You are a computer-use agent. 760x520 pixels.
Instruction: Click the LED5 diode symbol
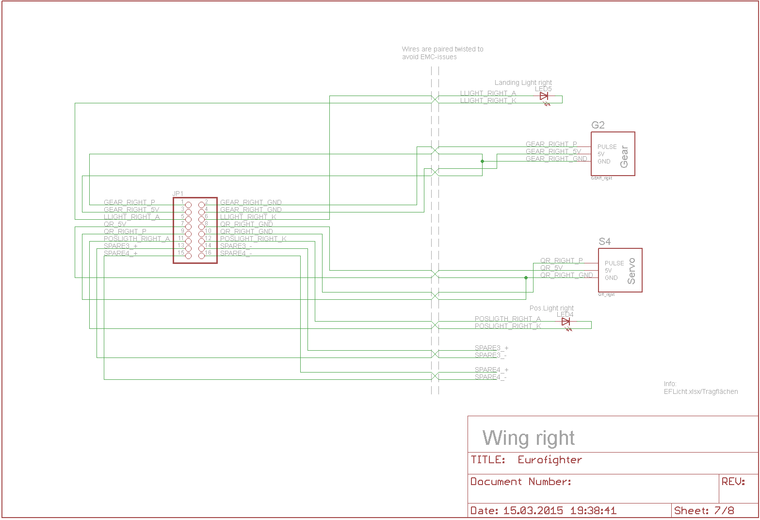[544, 97]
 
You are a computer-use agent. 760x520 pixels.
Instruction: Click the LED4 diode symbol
[565, 322]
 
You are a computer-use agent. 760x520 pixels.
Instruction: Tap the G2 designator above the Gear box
[598, 125]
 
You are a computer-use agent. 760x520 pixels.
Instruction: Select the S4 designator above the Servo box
[605, 242]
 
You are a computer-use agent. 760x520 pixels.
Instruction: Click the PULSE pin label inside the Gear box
[607, 146]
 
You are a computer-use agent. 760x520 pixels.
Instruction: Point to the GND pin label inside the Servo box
[611, 278]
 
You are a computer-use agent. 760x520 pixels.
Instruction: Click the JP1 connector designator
[178, 194]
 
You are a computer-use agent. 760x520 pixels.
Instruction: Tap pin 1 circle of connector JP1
[188, 205]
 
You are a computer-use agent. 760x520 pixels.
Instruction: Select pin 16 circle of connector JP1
[201, 256]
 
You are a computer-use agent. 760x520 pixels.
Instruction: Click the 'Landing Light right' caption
[523, 82]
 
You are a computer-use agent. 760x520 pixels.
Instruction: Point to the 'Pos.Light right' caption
[551, 308]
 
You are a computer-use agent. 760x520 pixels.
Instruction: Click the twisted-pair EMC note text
[442, 53]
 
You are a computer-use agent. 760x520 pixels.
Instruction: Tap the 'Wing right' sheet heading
[528, 438]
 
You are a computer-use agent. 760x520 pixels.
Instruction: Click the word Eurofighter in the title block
[550, 460]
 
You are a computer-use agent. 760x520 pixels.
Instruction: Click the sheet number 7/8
[724, 510]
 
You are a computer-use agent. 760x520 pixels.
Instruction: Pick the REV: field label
[733, 482]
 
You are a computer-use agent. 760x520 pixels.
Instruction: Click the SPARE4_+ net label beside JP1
[121, 253]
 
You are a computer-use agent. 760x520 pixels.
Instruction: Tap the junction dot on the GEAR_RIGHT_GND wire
[482, 161]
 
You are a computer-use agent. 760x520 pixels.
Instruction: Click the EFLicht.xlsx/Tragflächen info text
[701, 391]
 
